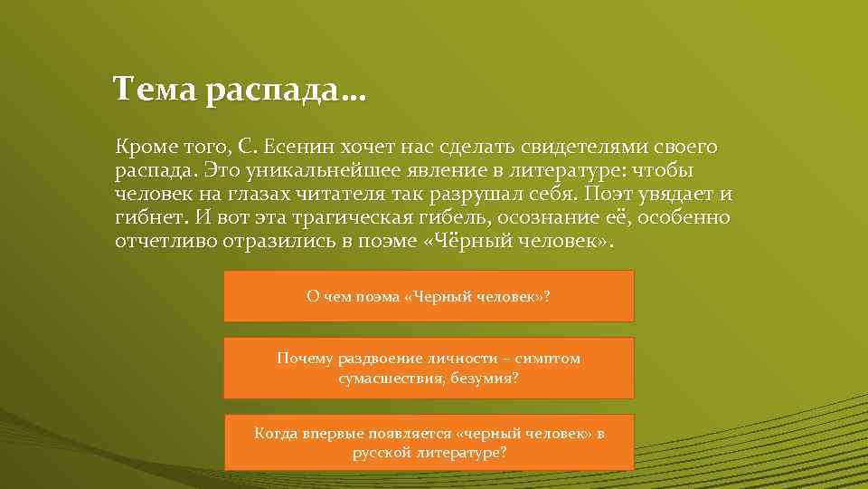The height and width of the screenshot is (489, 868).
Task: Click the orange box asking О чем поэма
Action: [x=429, y=296]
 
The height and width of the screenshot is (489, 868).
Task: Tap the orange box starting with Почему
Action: [x=429, y=368]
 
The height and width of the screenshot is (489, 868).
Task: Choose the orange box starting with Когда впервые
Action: [x=429, y=442]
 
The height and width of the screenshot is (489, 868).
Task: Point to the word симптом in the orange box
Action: [x=552, y=359]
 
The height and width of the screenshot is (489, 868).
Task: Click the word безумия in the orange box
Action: [x=489, y=378]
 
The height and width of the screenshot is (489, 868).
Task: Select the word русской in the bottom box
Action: [x=381, y=452]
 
